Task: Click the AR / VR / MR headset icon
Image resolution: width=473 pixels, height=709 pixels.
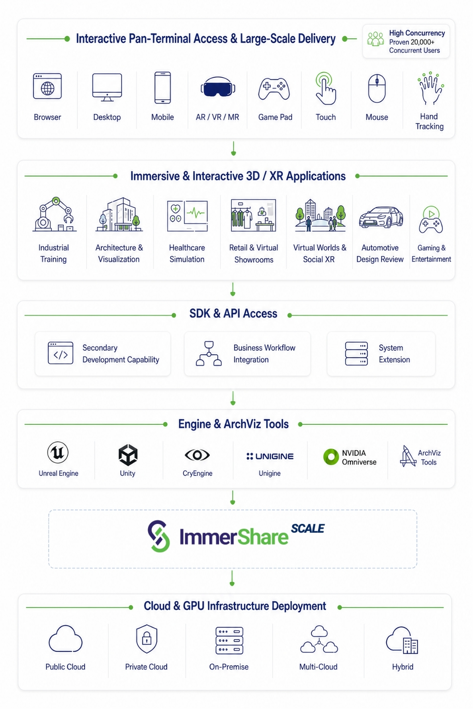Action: pos(218,87)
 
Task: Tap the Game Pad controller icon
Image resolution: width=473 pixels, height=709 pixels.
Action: pos(274,89)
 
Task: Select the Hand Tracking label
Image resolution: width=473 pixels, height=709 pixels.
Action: pos(429,121)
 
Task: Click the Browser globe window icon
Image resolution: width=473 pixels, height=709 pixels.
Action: pos(47,86)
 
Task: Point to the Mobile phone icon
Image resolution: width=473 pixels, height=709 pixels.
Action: pos(162,88)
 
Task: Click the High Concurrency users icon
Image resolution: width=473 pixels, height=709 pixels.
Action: pos(375,39)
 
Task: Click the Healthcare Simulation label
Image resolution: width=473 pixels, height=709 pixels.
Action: pos(187,254)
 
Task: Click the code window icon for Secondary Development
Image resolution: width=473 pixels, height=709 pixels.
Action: pos(61,353)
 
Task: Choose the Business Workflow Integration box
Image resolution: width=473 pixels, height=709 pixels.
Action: pos(247,354)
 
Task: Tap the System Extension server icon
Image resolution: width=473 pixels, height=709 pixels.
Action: pos(356,354)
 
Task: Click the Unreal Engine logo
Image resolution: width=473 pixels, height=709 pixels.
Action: pos(58,453)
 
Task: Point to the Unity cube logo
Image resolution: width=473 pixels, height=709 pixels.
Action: pos(128,455)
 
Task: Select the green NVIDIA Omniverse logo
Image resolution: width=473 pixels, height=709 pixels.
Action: pos(331,457)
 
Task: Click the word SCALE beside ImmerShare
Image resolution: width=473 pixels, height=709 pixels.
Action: pos(308,529)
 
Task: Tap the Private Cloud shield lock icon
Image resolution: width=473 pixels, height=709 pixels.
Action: pos(147,639)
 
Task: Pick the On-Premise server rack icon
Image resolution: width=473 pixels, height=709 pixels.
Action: pos(229,641)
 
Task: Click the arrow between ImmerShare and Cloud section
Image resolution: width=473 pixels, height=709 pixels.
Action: pos(232,578)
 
